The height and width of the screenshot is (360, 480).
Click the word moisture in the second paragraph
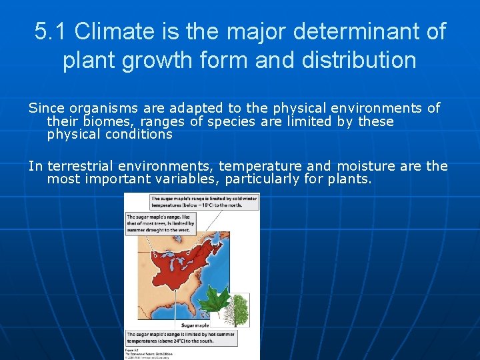[365, 166]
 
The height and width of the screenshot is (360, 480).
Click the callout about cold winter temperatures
[204, 202]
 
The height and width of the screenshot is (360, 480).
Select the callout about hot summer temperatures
[189, 337]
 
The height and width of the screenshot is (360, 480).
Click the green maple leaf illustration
[217, 301]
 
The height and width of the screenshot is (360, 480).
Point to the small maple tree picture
[239, 309]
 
